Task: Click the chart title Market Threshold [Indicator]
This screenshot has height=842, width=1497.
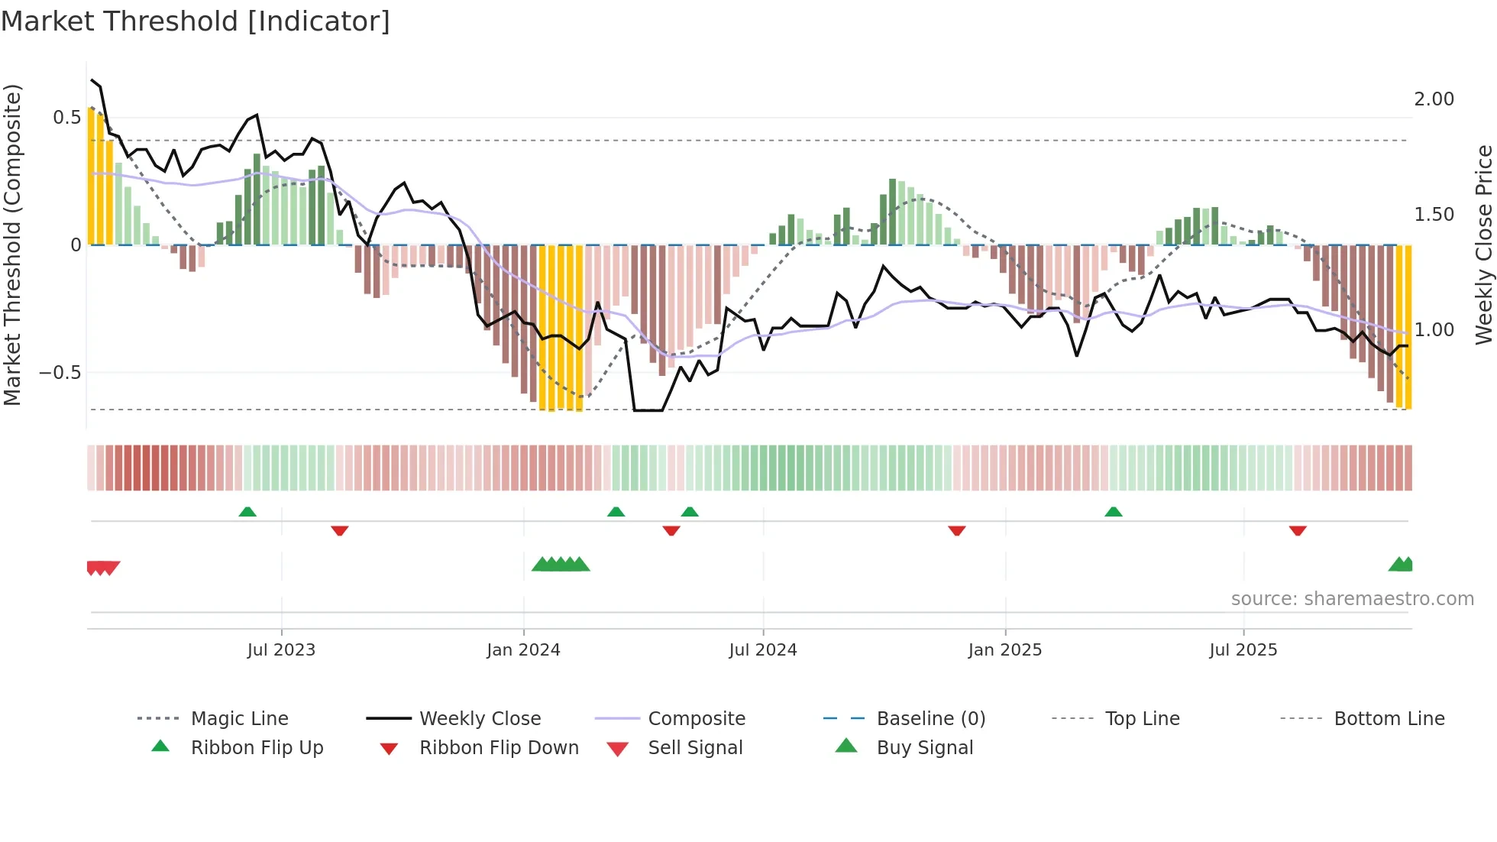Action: [196, 21]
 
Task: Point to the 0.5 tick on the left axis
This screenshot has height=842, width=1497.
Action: [66, 118]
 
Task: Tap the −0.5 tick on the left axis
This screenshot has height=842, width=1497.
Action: [60, 373]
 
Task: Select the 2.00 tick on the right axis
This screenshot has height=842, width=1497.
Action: [1434, 99]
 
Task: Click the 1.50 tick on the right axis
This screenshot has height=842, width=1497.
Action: [1434, 215]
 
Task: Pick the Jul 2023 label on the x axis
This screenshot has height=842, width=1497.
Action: [281, 650]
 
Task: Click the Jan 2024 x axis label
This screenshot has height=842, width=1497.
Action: [523, 650]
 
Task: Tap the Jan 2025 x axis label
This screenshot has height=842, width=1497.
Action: [1004, 650]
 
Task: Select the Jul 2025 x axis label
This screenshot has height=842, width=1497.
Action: [1243, 650]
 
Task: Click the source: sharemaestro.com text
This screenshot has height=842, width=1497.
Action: [1352, 599]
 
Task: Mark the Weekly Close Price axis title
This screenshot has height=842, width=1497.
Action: [1483, 245]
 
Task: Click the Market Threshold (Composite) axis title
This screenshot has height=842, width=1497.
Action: [12, 245]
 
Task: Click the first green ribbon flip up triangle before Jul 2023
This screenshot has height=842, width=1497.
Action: [247, 512]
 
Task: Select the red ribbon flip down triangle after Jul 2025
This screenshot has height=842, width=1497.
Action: [1298, 530]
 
